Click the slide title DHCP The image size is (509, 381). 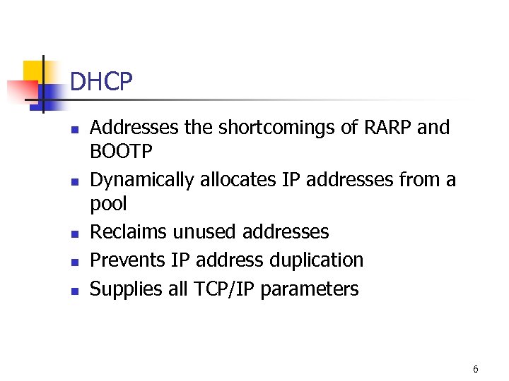(x=101, y=83)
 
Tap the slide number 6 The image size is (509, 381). (x=476, y=369)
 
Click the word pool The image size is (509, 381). (x=109, y=205)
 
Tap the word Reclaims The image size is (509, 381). (x=127, y=231)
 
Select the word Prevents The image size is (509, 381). (x=128, y=260)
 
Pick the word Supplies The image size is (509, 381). (x=125, y=289)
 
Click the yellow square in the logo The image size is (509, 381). (x=35, y=71)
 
